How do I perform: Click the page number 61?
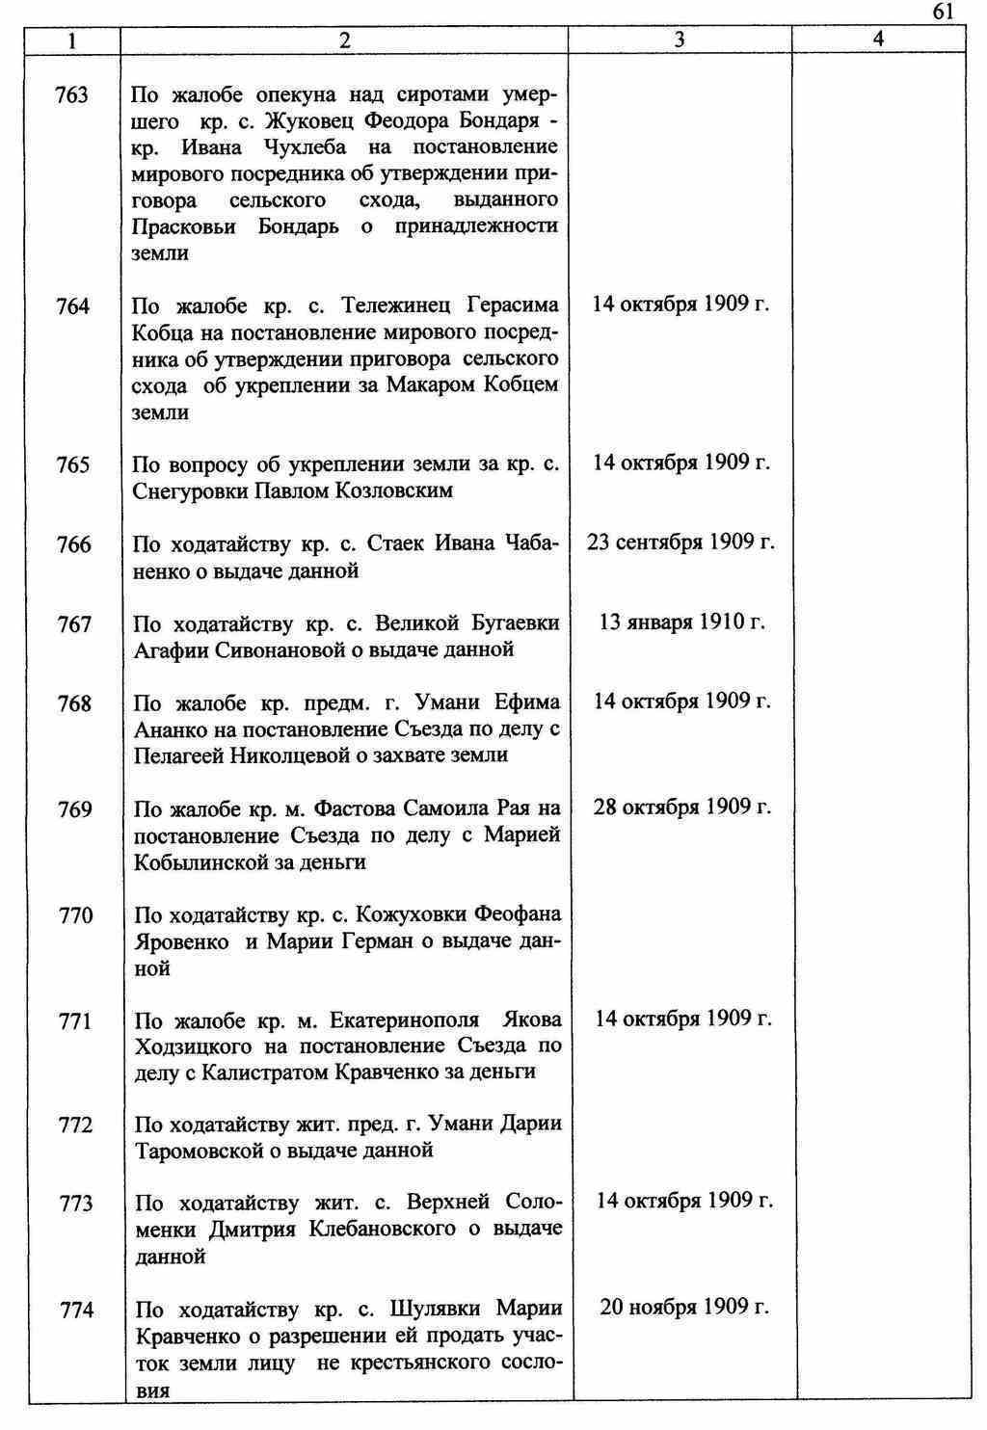[x=943, y=12]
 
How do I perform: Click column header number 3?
[x=680, y=40]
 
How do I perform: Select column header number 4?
[x=877, y=40]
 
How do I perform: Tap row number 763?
[x=72, y=95]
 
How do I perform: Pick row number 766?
[x=74, y=545]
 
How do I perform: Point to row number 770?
[x=75, y=915]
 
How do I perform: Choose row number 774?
[x=76, y=1311]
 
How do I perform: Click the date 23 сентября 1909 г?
[x=680, y=543]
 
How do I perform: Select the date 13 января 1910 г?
[x=681, y=622]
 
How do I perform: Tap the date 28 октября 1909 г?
[x=682, y=808]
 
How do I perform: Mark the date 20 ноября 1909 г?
[x=683, y=1308]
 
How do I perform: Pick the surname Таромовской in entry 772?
[x=200, y=1152]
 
